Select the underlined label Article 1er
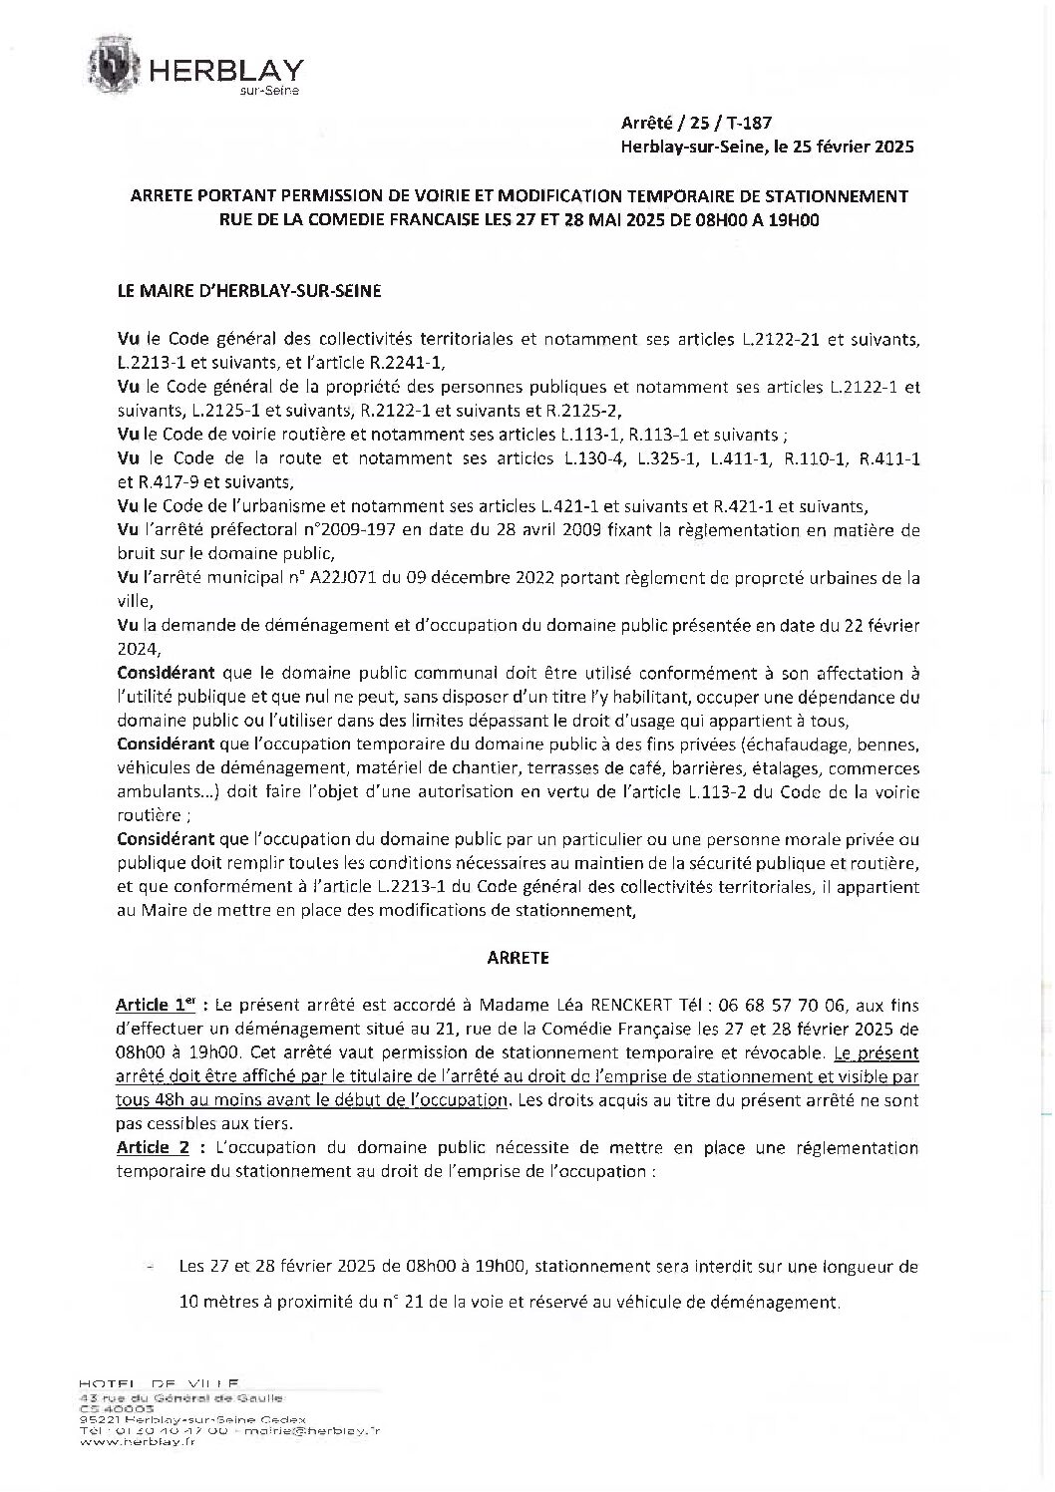pos(158,1008)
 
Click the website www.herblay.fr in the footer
pos(137,1471)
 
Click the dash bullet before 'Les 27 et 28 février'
pos(151,1268)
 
